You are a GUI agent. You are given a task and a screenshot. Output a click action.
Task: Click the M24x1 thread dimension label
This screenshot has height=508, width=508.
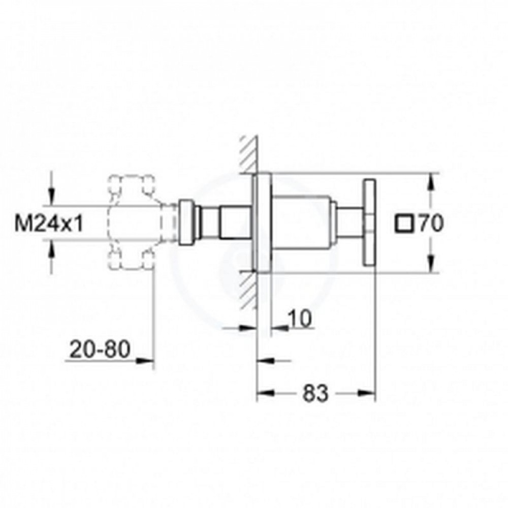tap(49, 223)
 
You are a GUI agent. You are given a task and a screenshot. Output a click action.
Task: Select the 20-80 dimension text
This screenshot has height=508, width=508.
tap(100, 349)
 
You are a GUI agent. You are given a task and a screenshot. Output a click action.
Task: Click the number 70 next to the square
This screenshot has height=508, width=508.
tap(431, 223)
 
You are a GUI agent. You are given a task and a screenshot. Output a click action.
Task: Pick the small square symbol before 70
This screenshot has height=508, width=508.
tap(404, 224)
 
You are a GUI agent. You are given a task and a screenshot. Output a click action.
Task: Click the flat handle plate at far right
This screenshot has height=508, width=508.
tap(369, 223)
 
